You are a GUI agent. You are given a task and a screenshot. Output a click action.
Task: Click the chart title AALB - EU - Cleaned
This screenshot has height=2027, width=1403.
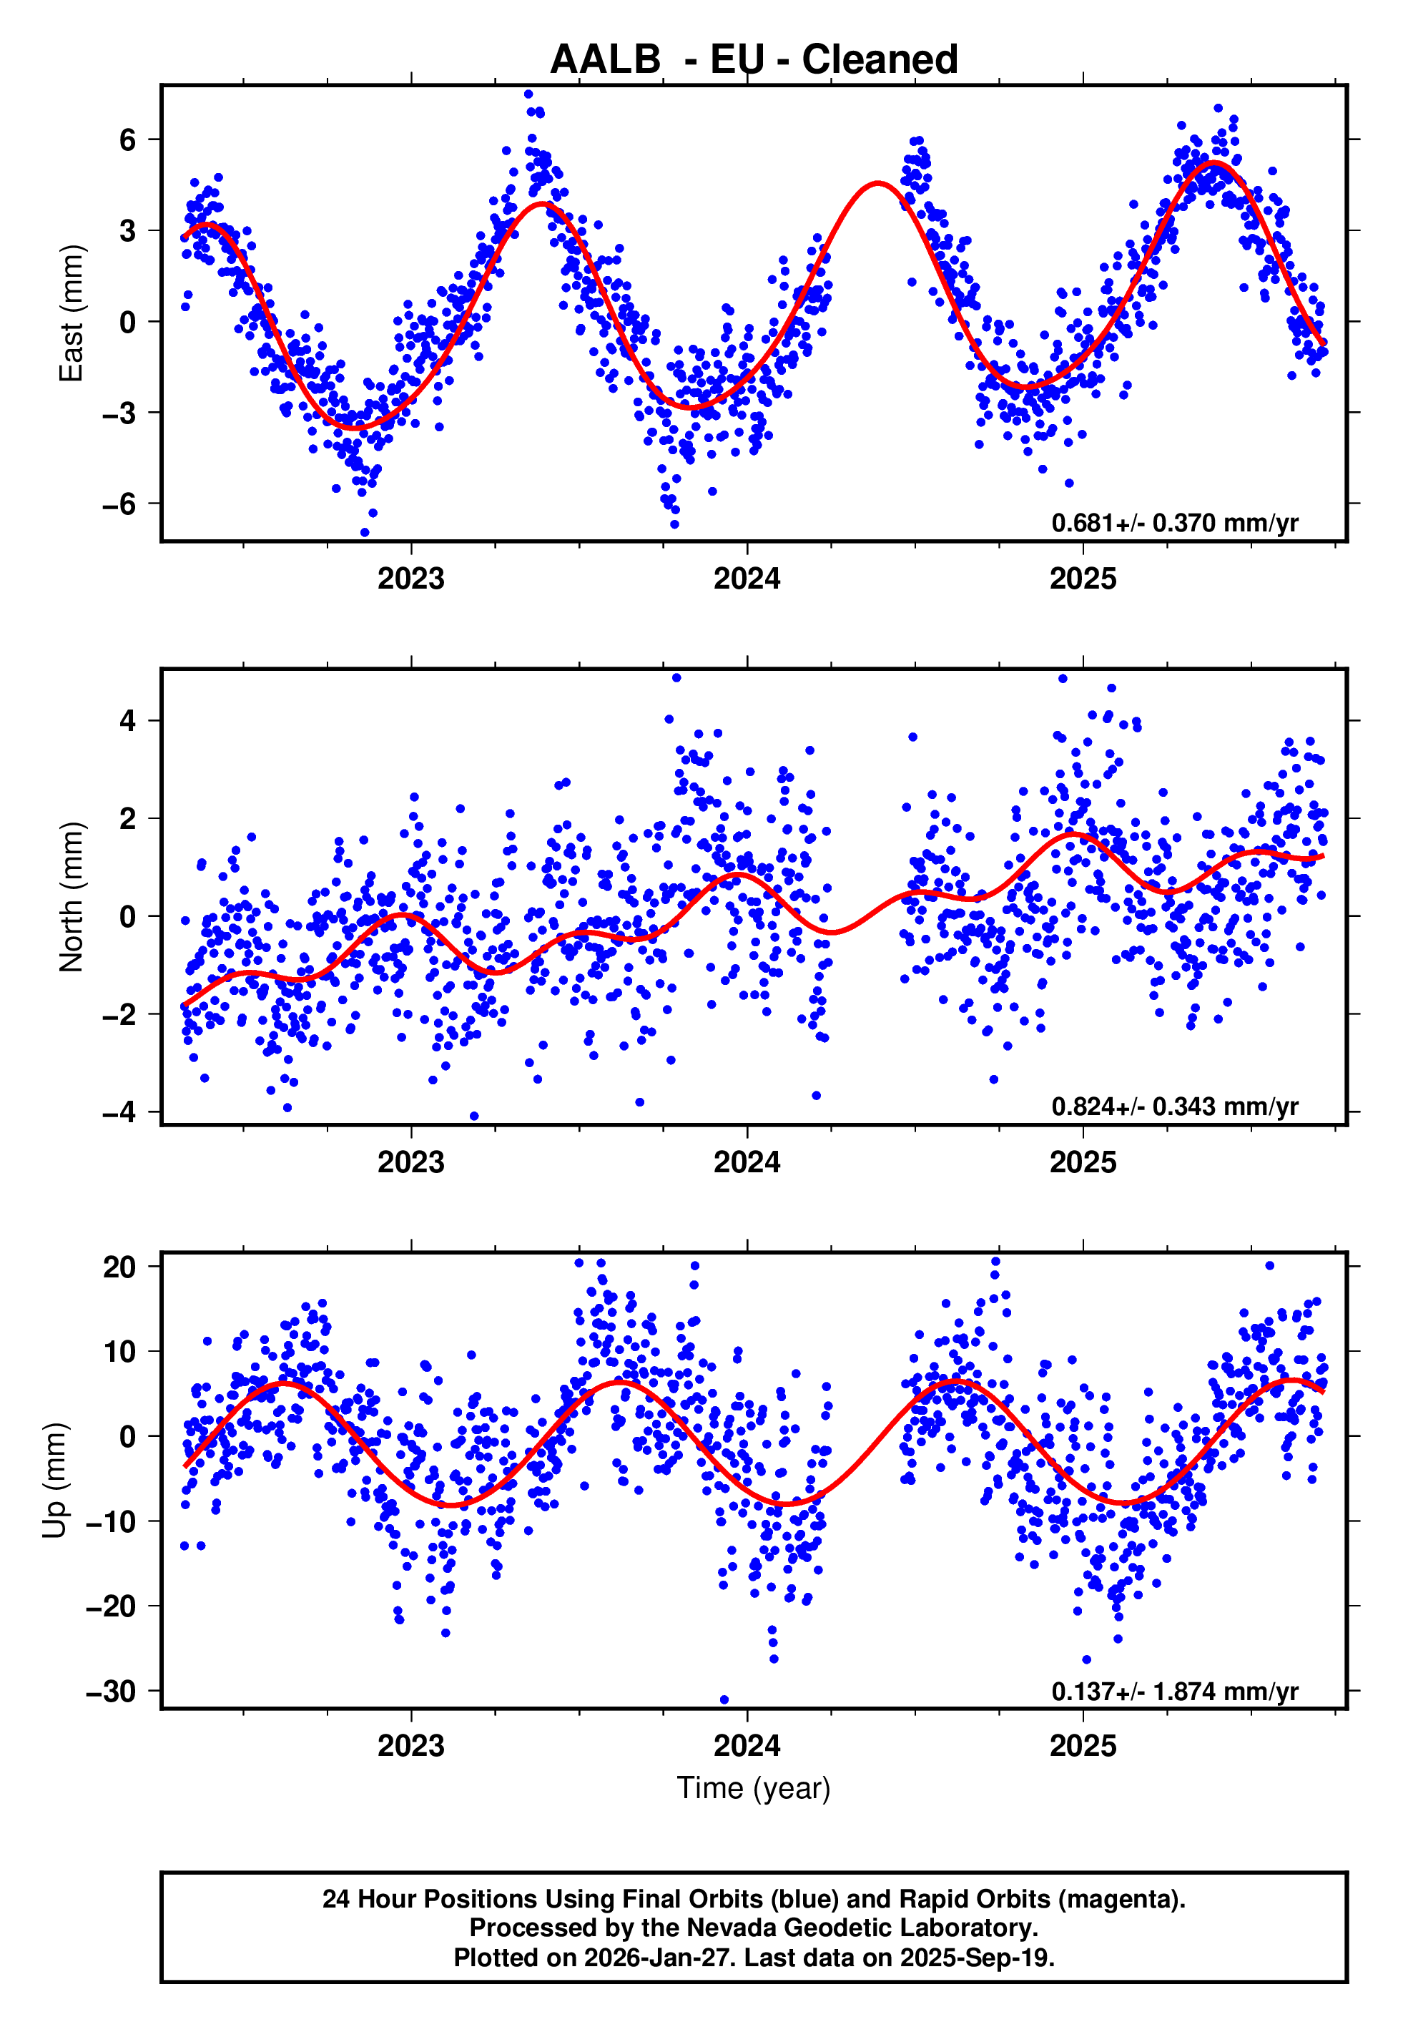point(754,60)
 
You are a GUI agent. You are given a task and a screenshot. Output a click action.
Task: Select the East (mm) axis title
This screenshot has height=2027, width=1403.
point(70,313)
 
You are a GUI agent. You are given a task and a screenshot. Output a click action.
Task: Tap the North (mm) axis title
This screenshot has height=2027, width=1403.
point(70,897)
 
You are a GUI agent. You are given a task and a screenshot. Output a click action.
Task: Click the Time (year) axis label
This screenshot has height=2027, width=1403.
point(754,1788)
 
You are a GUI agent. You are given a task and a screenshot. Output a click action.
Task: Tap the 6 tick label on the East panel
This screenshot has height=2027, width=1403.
point(128,139)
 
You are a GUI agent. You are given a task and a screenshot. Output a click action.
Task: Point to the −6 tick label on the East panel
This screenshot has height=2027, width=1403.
point(119,504)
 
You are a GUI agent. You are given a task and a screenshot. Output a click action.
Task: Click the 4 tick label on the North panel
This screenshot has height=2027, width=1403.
point(128,721)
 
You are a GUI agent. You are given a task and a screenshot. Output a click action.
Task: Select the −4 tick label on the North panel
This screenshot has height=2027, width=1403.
point(119,1112)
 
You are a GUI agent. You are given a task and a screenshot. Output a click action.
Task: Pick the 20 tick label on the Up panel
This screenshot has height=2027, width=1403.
point(119,1267)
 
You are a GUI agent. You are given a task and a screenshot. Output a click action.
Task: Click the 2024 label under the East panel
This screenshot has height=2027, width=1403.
point(747,579)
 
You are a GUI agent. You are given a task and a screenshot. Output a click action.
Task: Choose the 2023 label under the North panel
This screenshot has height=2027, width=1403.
point(410,1162)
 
